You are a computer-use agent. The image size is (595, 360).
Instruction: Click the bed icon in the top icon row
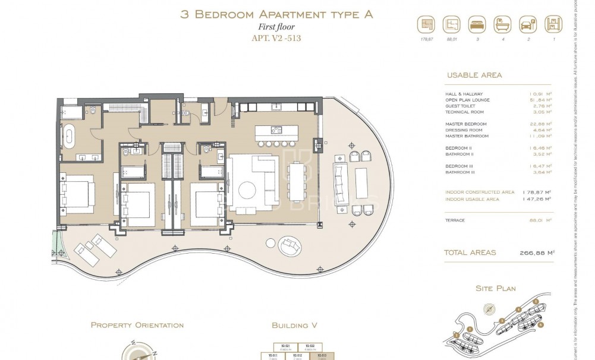476,25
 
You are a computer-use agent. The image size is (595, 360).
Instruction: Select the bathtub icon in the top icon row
500,25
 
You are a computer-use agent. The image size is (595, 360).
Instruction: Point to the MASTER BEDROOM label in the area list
465,124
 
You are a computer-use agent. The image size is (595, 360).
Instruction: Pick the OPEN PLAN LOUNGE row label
468,100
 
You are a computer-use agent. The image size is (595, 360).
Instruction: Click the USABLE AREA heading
473,75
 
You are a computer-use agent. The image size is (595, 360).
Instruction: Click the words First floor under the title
276,27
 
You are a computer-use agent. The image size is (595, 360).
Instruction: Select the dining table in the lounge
295,184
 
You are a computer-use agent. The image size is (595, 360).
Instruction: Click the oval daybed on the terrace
289,244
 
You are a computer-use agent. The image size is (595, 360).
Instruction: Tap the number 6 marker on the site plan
540,324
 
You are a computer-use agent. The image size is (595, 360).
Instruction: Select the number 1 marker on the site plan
470,329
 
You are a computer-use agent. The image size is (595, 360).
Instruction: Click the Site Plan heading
495,289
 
